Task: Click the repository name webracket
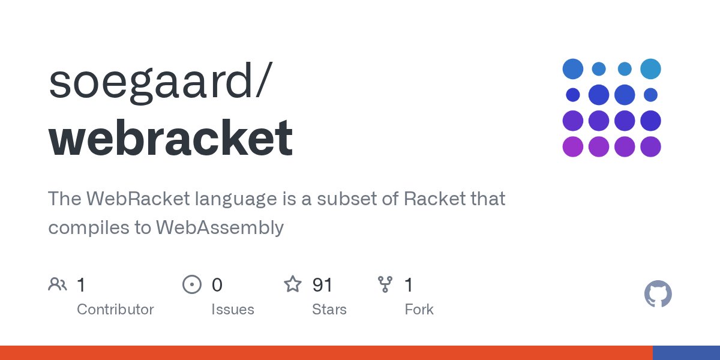pyautogui.click(x=170, y=137)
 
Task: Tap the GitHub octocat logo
pyautogui.click(x=658, y=294)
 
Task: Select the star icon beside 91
pyautogui.click(x=293, y=284)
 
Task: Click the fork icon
pyautogui.click(x=385, y=284)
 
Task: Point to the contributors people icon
pyautogui.click(x=58, y=284)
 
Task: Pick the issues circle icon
pyautogui.click(x=192, y=284)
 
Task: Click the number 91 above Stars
pyautogui.click(x=322, y=285)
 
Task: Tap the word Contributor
pyautogui.click(x=115, y=310)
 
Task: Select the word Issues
pyautogui.click(x=233, y=310)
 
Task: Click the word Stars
pyautogui.click(x=329, y=310)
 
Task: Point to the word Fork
pyautogui.click(x=419, y=310)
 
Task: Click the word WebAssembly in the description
pyautogui.click(x=220, y=228)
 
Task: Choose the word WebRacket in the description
pyautogui.click(x=138, y=199)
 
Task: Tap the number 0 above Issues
pyautogui.click(x=217, y=285)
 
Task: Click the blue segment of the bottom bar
pyautogui.click(x=686, y=353)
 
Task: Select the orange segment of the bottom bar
pyautogui.click(x=326, y=353)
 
